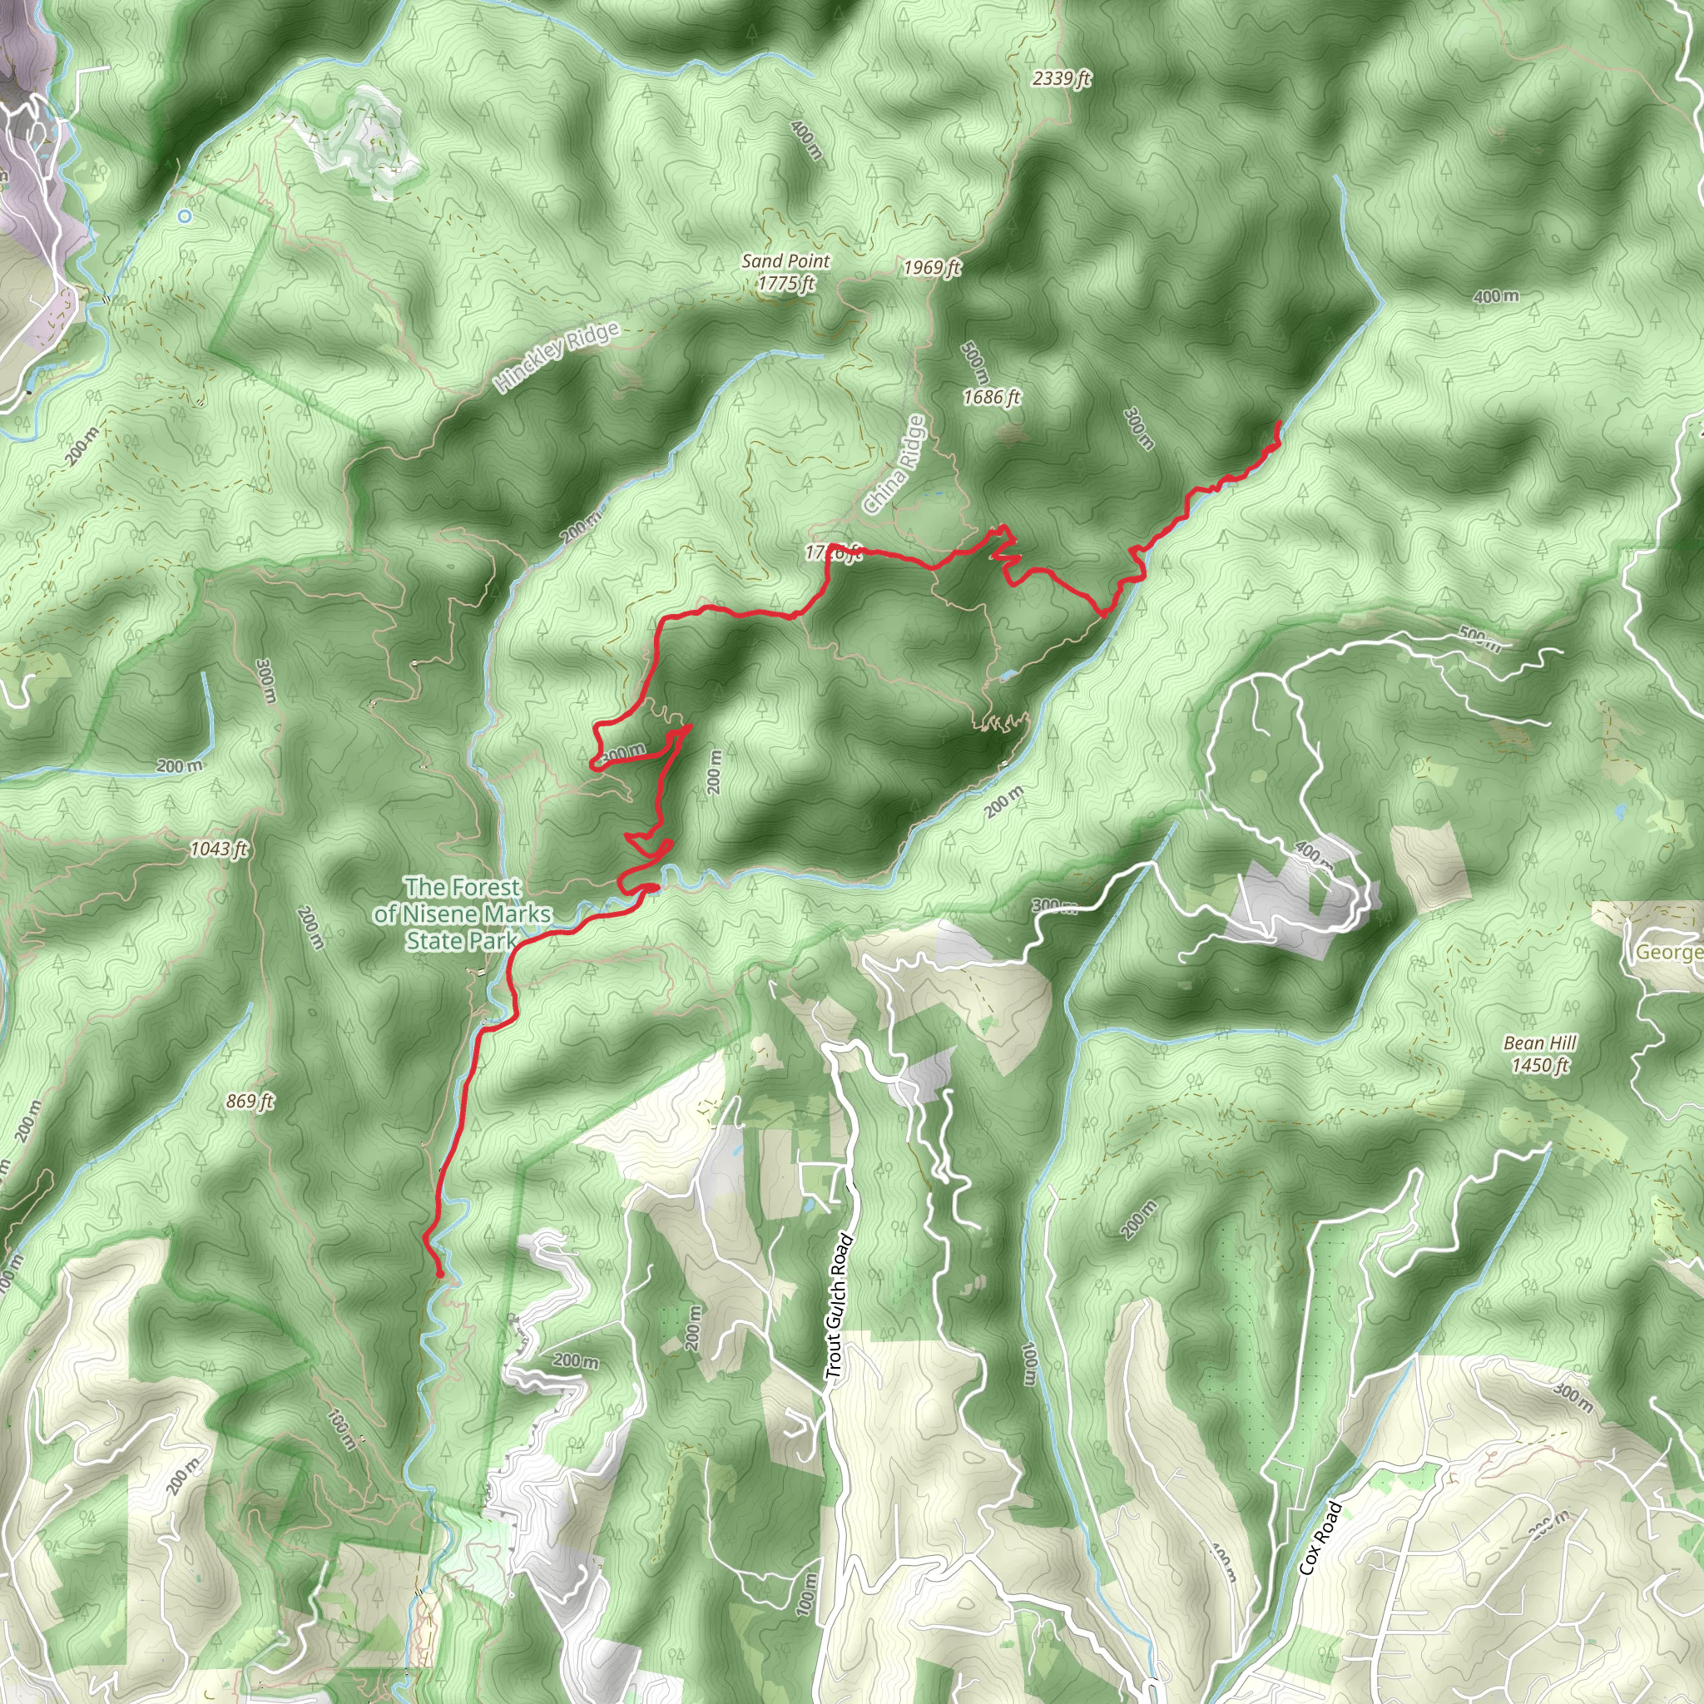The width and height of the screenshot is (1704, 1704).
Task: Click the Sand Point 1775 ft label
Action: [x=785, y=271]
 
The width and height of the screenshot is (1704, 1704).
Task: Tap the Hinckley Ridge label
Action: [x=557, y=357]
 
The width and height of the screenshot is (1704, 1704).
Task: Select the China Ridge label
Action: [x=895, y=465]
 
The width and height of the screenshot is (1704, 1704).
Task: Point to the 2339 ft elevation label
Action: [x=1062, y=78]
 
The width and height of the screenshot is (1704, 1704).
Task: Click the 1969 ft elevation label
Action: [x=932, y=267]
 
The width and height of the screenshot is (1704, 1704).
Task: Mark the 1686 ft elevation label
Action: [x=991, y=397]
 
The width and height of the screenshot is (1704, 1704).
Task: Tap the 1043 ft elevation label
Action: [x=219, y=850]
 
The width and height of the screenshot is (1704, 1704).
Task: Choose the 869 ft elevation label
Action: [x=250, y=1101]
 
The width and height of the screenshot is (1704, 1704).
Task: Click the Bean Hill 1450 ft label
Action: [x=1540, y=1054]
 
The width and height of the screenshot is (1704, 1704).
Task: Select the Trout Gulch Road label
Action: [x=839, y=1306]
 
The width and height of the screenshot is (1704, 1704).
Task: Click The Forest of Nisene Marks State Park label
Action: [x=462, y=914]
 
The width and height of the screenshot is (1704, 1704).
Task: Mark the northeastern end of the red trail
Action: [x=1279, y=424]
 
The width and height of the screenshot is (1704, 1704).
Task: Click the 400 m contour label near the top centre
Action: [x=806, y=141]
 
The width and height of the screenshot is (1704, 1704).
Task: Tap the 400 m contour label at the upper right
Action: [x=1496, y=296]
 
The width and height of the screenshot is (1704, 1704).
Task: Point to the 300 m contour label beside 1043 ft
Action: [x=266, y=681]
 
